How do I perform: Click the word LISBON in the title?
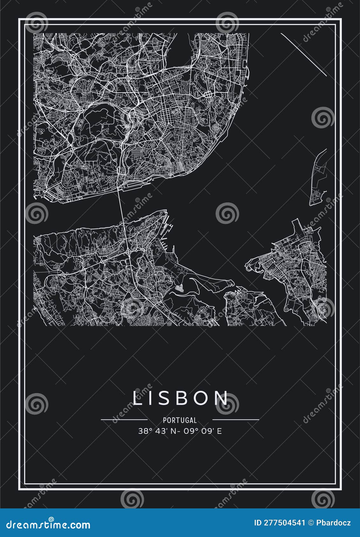tap(180, 398)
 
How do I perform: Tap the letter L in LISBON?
tap(137, 398)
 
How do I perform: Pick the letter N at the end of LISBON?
tap(222, 398)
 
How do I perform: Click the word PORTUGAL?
tap(180, 420)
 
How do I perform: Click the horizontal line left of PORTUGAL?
tap(124, 419)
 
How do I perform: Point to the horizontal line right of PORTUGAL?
tap(236, 419)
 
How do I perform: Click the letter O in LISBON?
tap(203, 398)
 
